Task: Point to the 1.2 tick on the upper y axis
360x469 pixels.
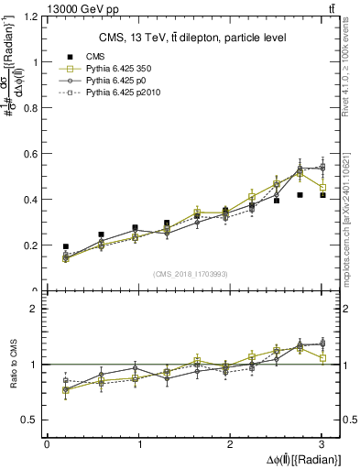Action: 30,17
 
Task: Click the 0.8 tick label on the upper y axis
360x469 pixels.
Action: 30,108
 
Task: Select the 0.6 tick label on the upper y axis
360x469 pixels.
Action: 30,154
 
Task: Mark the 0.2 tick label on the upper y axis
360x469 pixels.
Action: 30,245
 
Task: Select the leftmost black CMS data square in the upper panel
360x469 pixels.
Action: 65,246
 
